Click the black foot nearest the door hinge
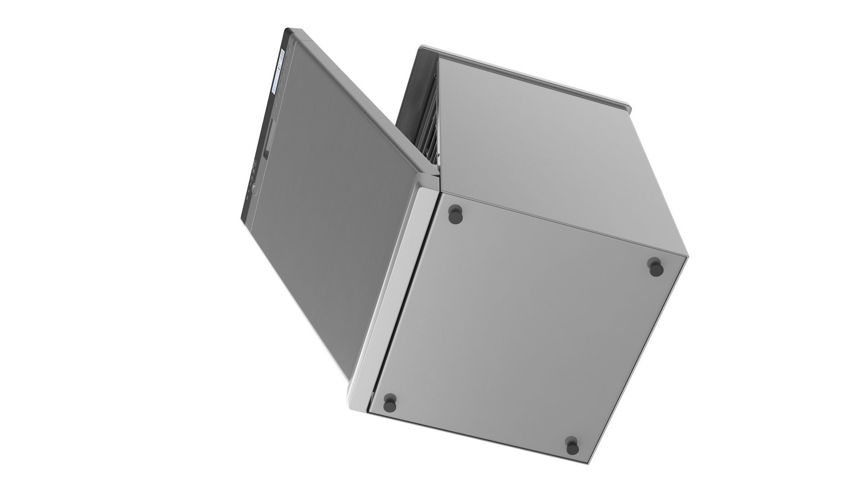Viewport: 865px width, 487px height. [456, 215]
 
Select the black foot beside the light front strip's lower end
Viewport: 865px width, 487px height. [390, 403]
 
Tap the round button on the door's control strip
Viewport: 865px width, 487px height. [254, 190]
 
